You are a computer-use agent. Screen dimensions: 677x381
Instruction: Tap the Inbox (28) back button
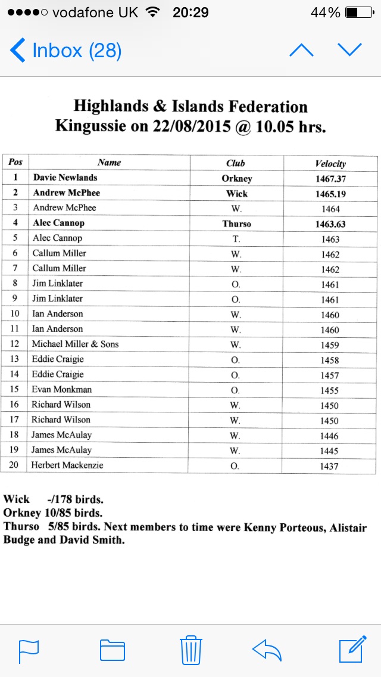click(x=65, y=51)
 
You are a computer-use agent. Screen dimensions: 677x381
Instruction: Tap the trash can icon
click(x=190, y=650)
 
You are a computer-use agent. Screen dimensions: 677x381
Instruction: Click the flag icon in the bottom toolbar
click(x=29, y=650)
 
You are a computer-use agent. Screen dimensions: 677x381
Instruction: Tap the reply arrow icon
click(x=267, y=650)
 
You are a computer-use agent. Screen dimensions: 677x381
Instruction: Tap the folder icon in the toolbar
click(x=113, y=650)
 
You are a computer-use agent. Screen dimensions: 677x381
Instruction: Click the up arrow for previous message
click(x=301, y=50)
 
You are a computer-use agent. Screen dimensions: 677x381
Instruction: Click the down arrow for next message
click(x=349, y=50)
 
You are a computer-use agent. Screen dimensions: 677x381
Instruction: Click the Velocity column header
click(x=330, y=163)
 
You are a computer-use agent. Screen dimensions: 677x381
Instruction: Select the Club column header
click(x=236, y=163)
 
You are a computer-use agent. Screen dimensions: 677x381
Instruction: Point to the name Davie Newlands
click(x=65, y=178)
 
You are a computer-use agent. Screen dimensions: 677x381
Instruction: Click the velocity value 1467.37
click(x=330, y=178)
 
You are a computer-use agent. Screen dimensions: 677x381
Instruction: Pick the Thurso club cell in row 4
click(x=236, y=224)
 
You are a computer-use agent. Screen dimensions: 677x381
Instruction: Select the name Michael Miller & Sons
click(x=75, y=344)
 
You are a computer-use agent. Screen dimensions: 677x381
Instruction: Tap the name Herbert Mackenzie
click(x=67, y=465)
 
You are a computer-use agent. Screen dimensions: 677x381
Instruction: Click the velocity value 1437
click(x=329, y=466)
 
